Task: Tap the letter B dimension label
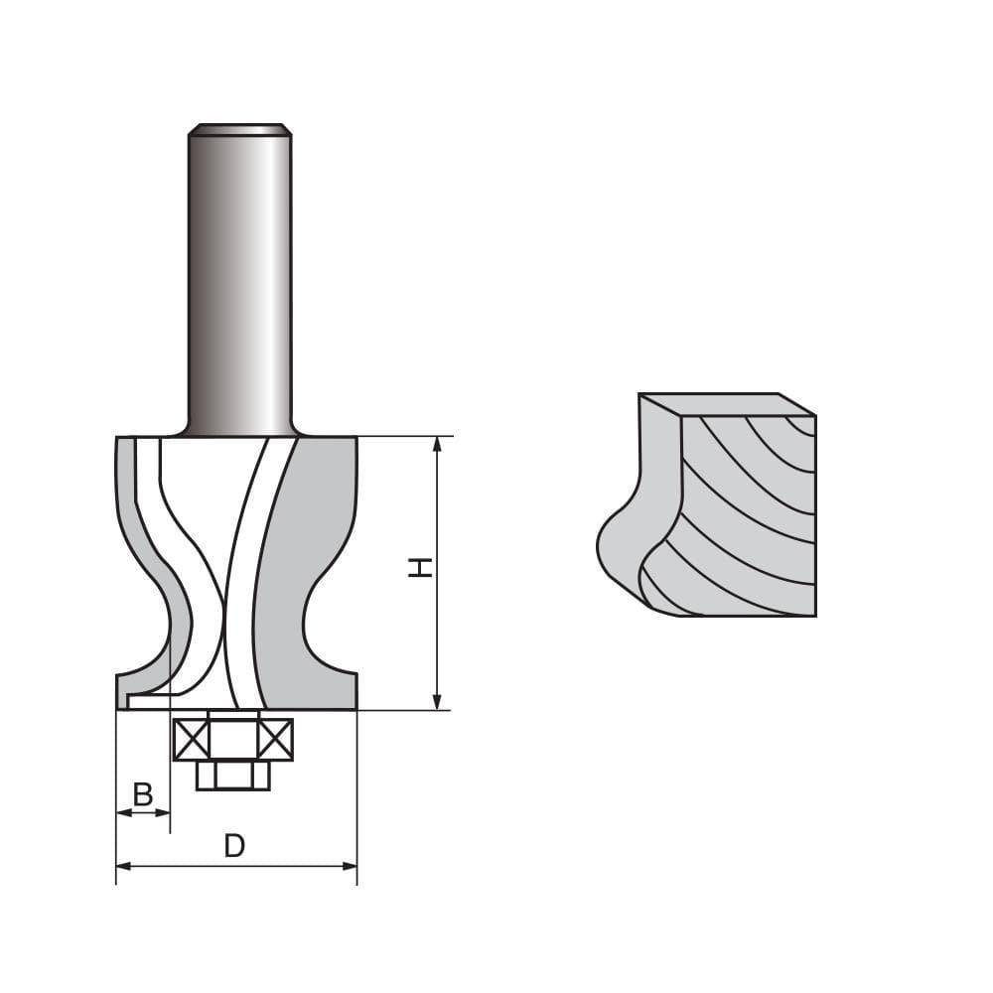pos(143,793)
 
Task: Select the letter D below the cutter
pos(234,846)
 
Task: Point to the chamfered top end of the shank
pos(239,129)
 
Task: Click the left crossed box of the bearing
pos(190,739)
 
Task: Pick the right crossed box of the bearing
pos(276,739)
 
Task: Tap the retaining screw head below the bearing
pos(233,775)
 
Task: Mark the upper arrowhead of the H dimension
pos(437,444)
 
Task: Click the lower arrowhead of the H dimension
pos(437,702)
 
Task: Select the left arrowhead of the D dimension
pos(123,866)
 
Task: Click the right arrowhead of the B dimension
pos(164,812)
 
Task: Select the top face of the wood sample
pos(725,404)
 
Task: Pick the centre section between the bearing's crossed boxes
pos(233,739)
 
